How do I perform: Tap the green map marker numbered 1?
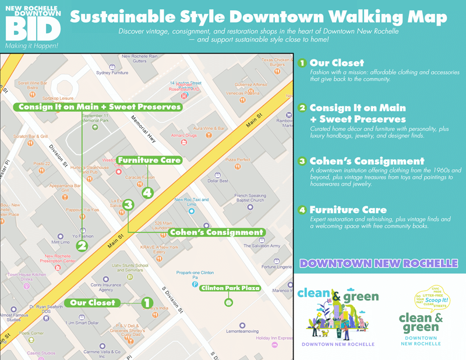click(x=147, y=303)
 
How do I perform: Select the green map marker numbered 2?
click(x=82, y=246)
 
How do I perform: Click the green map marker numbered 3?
click(x=129, y=205)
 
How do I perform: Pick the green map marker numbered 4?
click(x=148, y=192)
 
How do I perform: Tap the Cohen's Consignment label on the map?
click(x=216, y=232)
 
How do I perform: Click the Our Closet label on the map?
click(x=93, y=303)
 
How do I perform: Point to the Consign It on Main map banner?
click(x=100, y=107)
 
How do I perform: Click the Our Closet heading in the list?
click(x=337, y=63)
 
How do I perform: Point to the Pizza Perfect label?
click(x=238, y=160)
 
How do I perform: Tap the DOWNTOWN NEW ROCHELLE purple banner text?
click(x=379, y=263)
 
